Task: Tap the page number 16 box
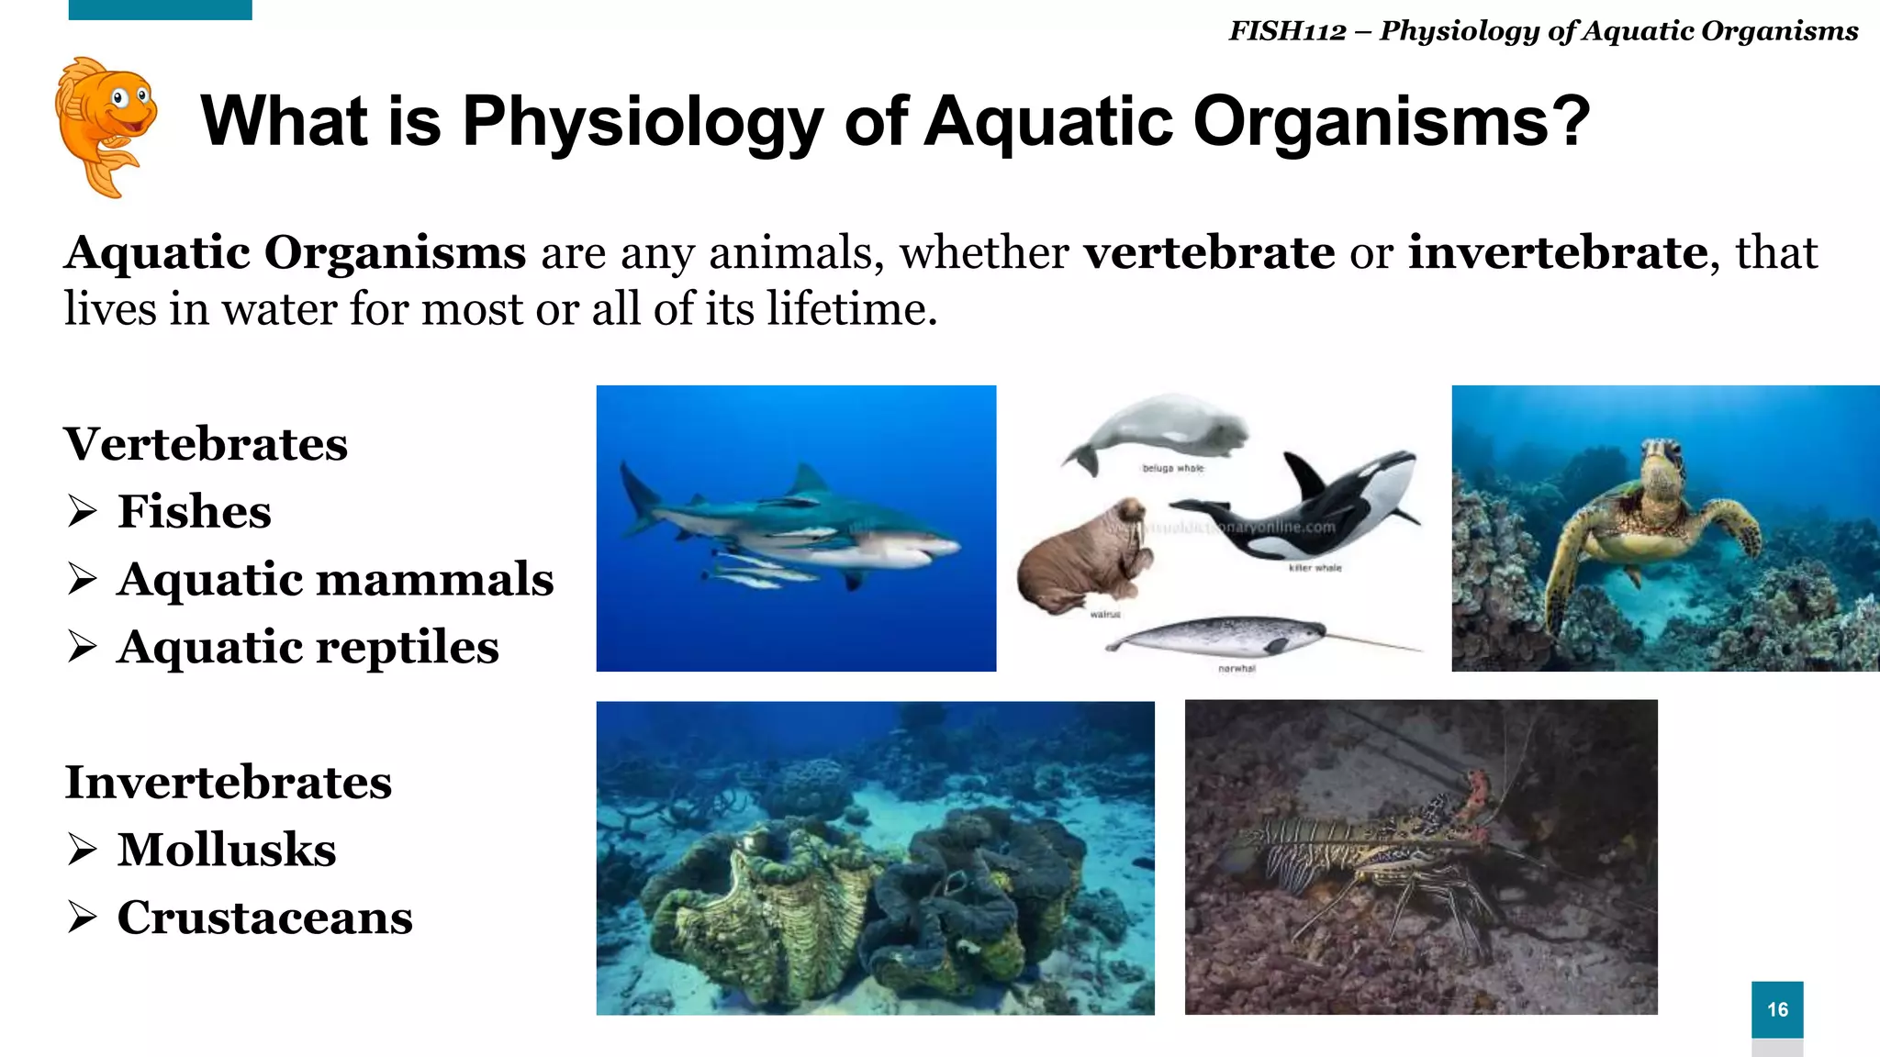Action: pyautogui.click(x=1776, y=1009)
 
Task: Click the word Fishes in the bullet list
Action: pyautogui.click(x=194, y=511)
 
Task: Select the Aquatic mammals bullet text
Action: pyautogui.click(x=335, y=579)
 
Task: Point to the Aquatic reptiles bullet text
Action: pyautogui.click(x=308, y=647)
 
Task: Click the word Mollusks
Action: pyautogui.click(x=226, y=850)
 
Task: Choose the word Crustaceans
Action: pyautogui.click(x=264, y=918)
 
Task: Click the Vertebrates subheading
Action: pyautogui.click(x=206, y=444)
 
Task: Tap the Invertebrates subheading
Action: pyautogui.click(x=228, y=783)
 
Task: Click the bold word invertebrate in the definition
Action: pyautogui.click(x=1557, y=253)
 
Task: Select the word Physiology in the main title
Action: pyautogui.click(x=643, y=121)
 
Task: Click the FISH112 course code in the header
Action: pyautogui.click(x=1287, y=31)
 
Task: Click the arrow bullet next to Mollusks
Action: pyautogui.click(x=82, y=851)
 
